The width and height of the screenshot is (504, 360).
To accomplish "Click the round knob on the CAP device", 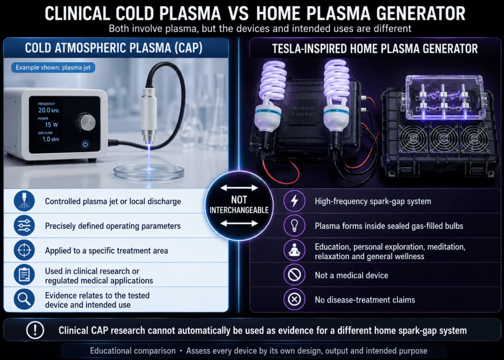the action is [86, 122].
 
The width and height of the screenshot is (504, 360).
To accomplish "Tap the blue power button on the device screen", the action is [85, 144].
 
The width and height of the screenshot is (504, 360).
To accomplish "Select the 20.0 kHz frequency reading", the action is [49, 110].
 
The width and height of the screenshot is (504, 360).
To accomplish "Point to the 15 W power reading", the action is [51, 125].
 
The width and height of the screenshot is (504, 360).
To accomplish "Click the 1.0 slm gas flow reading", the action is [51, 139].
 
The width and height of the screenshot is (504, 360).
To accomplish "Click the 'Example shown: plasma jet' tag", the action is [53, 67].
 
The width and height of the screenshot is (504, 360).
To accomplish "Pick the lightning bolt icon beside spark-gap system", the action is [294, 201].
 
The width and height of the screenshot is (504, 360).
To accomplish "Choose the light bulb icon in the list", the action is [294, 226].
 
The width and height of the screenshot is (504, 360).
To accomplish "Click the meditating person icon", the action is [294, 250].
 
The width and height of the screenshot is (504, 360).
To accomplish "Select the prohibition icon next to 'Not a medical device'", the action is [294, 275].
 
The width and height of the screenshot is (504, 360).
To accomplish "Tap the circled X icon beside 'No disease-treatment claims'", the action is [294, 299].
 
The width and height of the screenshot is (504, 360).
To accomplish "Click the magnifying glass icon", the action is [24, 299].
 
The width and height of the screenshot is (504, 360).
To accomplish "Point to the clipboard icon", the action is [24, 275].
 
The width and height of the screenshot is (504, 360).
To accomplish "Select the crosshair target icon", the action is [24, 250].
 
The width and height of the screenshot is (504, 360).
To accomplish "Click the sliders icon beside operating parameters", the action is [24, 226].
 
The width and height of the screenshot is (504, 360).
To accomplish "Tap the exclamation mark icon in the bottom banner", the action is [35, 330].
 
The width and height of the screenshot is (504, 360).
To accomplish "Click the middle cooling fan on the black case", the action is [444, 139].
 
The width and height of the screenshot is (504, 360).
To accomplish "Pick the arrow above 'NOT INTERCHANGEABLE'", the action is [239, 188].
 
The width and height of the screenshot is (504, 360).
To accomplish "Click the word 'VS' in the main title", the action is [238, 13].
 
